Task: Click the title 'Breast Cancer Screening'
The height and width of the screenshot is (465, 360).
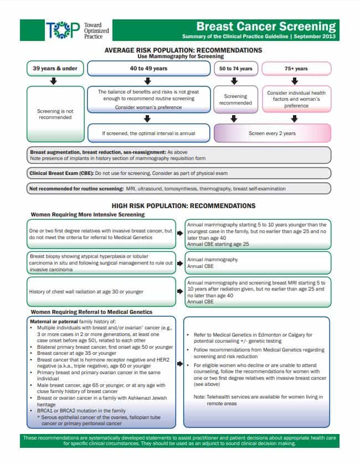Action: (x=266, y=26)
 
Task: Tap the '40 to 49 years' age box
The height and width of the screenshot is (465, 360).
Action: (x=148, y=69)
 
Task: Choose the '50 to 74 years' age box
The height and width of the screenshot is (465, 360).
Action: (x=235, y=69)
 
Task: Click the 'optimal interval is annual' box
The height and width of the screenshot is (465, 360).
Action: (x=148, y=133)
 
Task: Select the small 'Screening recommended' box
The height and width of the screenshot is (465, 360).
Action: (x=235, y=99)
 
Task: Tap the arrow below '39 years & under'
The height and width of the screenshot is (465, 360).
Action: (x=54, y=81)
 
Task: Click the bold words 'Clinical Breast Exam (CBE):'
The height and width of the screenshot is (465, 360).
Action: (x=60, y=173)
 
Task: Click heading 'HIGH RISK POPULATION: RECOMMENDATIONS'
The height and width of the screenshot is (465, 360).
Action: (x=179, y=205)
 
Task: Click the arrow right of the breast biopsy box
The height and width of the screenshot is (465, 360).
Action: (x=180, y=263)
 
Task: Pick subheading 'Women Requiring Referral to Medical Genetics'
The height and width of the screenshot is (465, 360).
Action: (x=91, y=312)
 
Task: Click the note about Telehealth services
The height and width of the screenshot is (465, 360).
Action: (x=258, y=400)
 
